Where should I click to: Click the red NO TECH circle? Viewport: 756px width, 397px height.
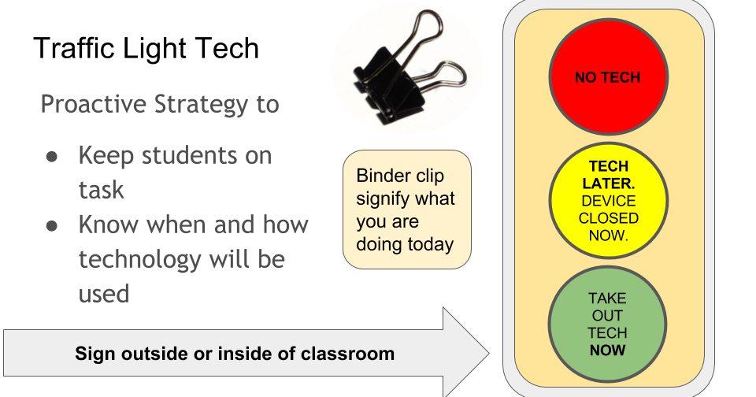(608, 77)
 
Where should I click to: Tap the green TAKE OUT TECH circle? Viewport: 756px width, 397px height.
(607, 324)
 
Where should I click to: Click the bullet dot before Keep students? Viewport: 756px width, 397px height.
(52, 156)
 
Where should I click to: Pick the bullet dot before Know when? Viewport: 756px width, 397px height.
(52, 225)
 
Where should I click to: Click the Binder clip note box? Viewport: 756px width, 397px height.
(406, 210)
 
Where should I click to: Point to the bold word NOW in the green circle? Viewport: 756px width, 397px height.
(607, 350)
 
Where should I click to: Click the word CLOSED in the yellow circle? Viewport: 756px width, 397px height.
(608, 218)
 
